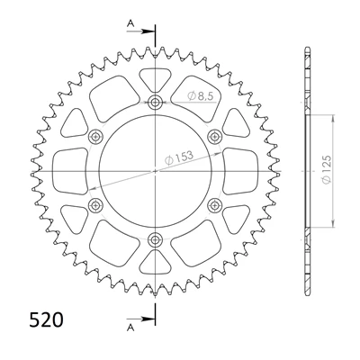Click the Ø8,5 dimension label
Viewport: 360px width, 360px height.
200,95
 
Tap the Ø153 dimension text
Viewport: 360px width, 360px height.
179,157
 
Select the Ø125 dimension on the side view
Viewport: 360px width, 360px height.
327,169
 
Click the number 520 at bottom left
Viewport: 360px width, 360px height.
46,319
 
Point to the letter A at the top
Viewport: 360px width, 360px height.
130,23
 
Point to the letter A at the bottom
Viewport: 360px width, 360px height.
130,328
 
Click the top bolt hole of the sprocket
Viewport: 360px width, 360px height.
155,103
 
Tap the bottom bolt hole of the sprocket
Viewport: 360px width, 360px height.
155,239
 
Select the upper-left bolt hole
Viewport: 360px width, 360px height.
95,137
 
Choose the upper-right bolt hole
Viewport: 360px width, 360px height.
214,137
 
